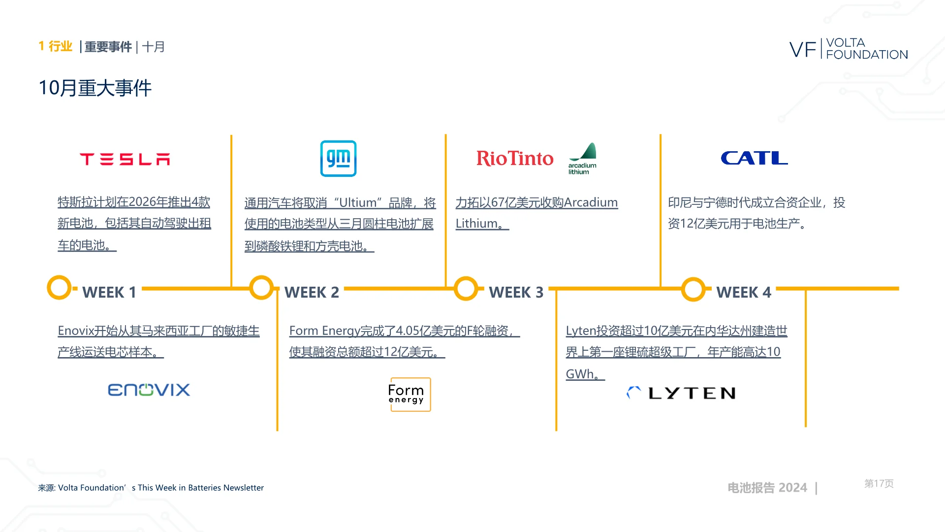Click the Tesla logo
click(x=125, y=159)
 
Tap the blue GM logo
click(x=338, y=159)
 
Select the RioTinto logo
click(x=515, y=158)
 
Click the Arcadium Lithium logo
click(x=582, y=159)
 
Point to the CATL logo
click(x=754, y=158)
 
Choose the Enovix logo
click(x=149, y=390)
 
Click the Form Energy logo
click(x=410, y=394)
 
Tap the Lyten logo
click(x=681, y=393)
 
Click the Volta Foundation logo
click(x=849, y=49)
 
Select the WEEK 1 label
click(x=109, y=292)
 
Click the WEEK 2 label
click(x=312, y=292)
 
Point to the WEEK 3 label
click(x=516, y=292)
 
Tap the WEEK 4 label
click(x=744, y=292)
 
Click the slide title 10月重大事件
click(x=95, y=88)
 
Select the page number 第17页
click(x=879, y=484)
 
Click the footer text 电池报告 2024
click(x=767, y=488)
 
